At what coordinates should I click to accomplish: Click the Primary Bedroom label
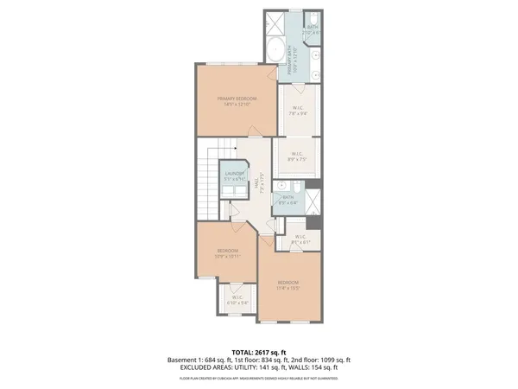(x=234, y=101)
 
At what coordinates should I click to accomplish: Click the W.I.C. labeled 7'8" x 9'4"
(x=299, y=112)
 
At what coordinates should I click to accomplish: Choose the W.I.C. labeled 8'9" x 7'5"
(x=298, y=157)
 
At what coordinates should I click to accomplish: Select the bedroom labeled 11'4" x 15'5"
(x=288, y=284)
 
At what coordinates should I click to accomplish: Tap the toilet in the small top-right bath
(x=315, y=20)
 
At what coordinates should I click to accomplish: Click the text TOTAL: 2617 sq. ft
(x=259, y=352)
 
